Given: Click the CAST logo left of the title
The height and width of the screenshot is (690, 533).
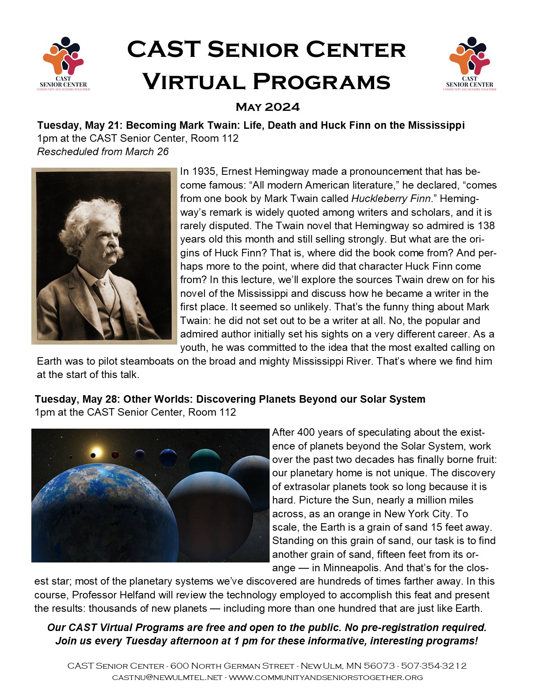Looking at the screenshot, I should click(64, 63).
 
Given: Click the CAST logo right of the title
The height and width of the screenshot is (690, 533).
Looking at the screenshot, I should click(469, 63).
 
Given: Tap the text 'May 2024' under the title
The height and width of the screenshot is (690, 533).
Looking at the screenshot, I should click(268, 107).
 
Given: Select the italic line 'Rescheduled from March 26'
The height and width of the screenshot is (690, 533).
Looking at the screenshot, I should click(103, 151).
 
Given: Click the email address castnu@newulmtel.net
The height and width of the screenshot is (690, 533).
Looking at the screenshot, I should click(167, 677).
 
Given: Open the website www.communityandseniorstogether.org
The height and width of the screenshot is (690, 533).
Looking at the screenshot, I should click(326, 677).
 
